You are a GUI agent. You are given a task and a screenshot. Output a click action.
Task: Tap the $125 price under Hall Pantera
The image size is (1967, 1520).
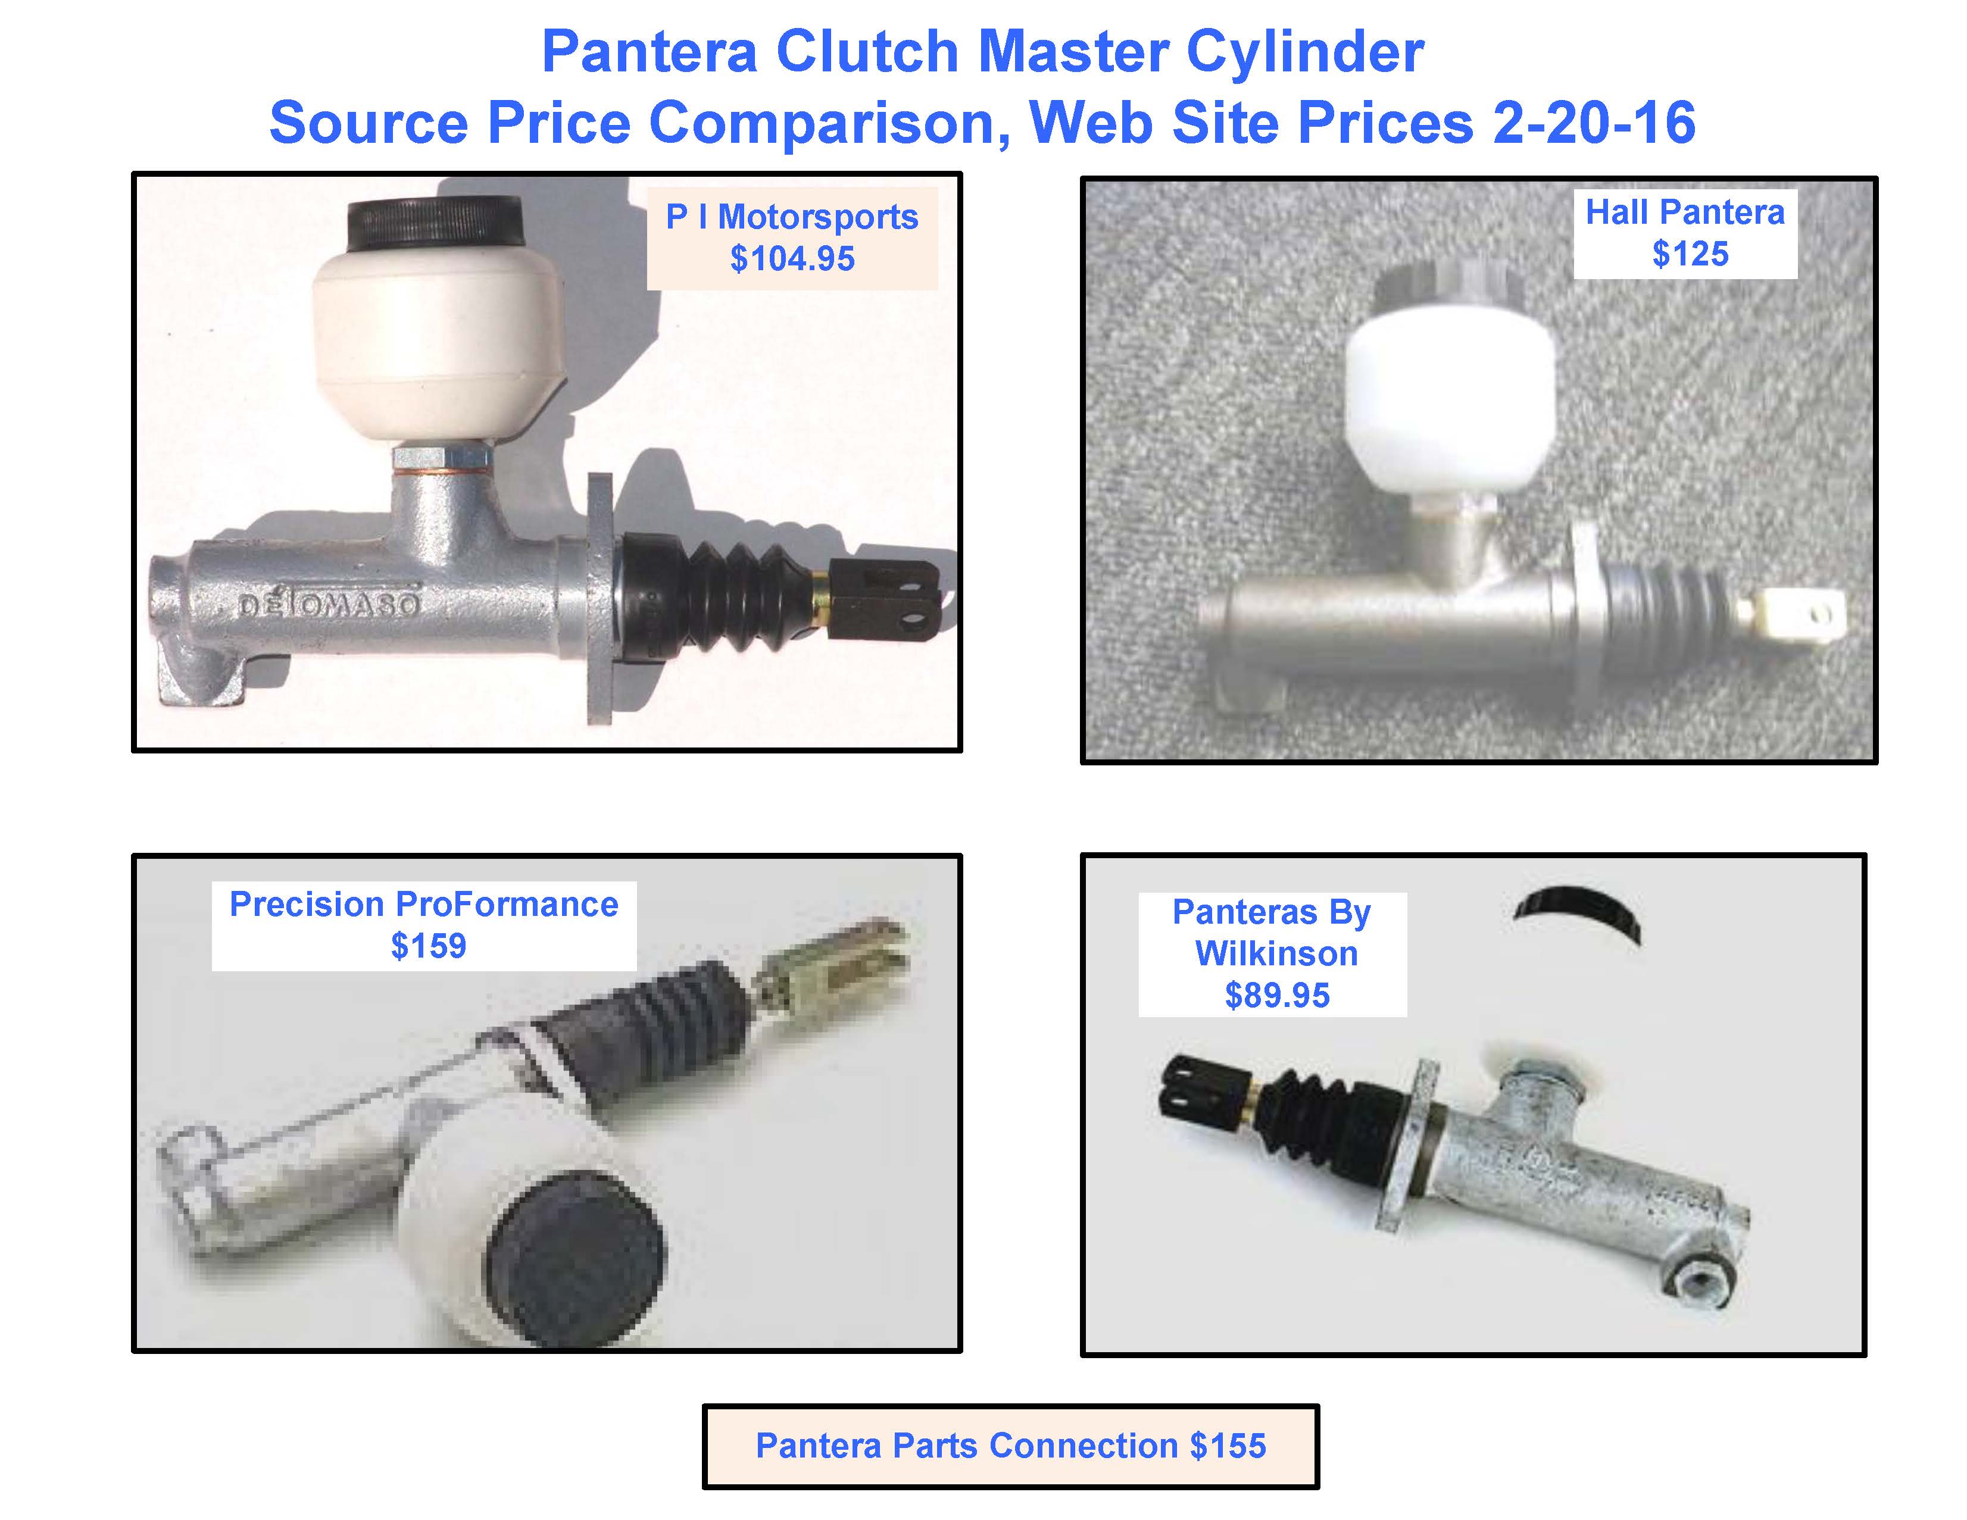(x=1691, y=255)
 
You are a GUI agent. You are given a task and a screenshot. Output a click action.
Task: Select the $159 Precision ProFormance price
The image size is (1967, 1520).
(x=429, y=946)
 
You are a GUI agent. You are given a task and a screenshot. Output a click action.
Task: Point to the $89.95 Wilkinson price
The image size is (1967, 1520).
(x=1277, y=996)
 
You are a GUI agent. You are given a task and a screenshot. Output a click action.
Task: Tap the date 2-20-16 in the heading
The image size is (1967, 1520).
(x=1594, y=123)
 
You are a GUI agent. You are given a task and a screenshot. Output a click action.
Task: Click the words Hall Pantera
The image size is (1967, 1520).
(x=1685, y=212)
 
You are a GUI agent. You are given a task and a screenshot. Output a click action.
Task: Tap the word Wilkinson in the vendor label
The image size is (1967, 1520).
(x=1276, y=953)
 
